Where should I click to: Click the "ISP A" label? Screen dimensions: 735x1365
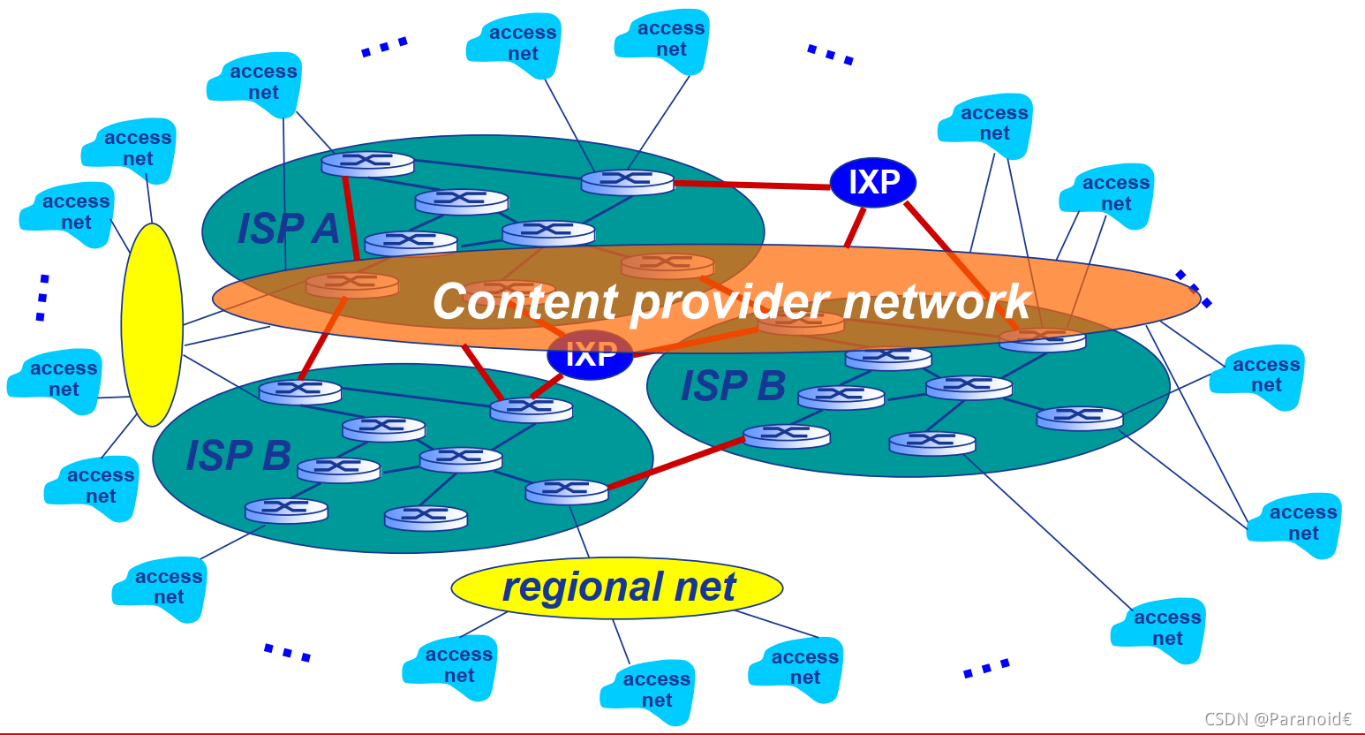point(288,229)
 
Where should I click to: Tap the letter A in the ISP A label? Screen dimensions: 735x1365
point(325,229)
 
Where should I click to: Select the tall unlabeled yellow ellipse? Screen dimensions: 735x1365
point(152,324)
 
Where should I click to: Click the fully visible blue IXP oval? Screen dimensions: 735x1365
point(872,183)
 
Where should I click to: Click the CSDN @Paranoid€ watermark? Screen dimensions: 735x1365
point(1277,719)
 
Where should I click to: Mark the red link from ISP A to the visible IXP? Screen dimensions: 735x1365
point(750,186)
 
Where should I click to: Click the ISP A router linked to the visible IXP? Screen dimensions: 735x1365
point(627,182)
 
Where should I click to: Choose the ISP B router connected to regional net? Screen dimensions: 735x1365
point(566,491)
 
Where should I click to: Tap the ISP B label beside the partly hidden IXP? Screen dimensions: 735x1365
point(733,386)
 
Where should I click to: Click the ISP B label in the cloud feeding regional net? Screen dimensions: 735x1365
point(238,456)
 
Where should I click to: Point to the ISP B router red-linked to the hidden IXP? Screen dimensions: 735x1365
point(531,410)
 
